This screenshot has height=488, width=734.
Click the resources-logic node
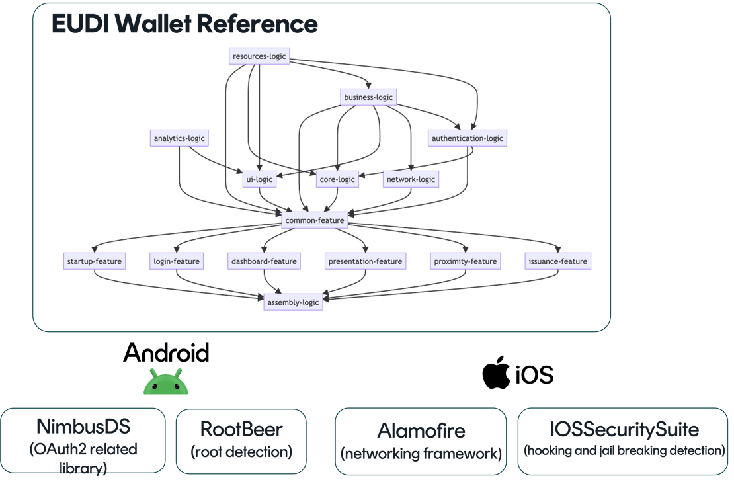coord(259,56)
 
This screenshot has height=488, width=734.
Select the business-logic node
coord(368,97)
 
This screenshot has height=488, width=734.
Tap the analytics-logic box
coord(179,138)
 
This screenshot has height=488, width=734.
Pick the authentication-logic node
coord(467,138)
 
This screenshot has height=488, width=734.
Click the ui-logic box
coord(259,179)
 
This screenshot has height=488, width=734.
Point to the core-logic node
coord(337,179)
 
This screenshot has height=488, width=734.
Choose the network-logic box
coord(411,179)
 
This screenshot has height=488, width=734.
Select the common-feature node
coord(315,220)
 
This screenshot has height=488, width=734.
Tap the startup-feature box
coord(94,261)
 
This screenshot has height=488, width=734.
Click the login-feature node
coord(175,261)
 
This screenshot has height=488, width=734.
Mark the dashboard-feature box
coord(264,261)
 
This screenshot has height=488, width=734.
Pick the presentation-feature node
coord(366,261)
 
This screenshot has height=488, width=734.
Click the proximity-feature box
coord(466,261)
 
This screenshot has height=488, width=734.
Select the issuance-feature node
coord(557,261)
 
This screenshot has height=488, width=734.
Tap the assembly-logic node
coord(293,302)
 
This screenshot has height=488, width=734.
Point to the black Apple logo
coord(495,374)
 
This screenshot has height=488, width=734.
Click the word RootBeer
coord(241,429)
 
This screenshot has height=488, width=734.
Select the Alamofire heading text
coord(421,431)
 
